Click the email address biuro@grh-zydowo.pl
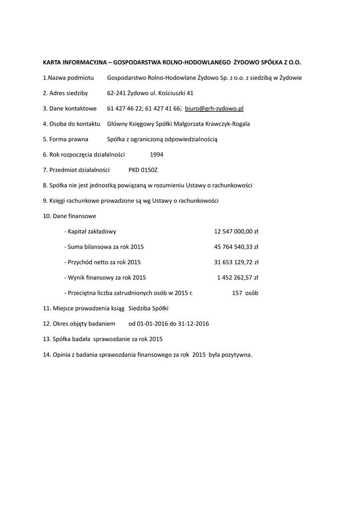click(214, 108)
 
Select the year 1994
click(157, 155)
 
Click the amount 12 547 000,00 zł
click(236, 232)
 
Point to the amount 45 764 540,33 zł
click(236, 247)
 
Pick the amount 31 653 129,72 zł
click(236, 262)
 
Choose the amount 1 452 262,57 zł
click(238, 278)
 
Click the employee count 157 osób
click(245, 293)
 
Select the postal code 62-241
click(116, 93)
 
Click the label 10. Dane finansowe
click(70, 216)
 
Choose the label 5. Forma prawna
click(66, 139)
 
